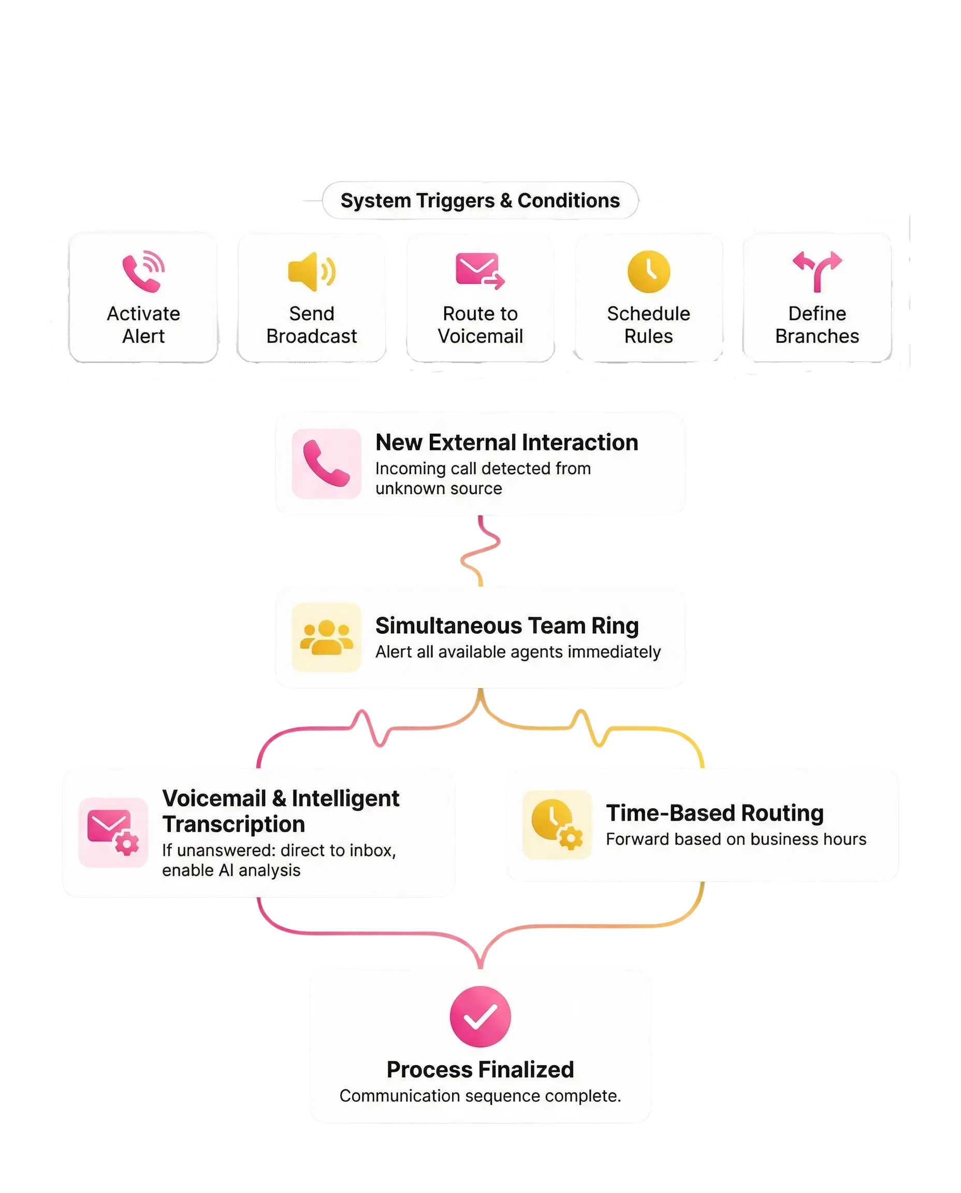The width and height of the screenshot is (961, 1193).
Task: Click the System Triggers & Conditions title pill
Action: click(x=480, y=200)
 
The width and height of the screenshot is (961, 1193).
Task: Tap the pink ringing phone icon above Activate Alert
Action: click(x=143, y=271)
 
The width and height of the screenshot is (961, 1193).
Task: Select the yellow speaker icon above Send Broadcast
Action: click(x=311, y=271)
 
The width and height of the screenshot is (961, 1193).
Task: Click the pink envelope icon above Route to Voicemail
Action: click(x=479, y=271)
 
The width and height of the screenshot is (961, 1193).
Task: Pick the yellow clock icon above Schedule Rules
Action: click(x=648, y=271)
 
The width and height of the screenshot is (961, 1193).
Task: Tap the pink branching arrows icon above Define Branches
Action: click(x=817, y=271)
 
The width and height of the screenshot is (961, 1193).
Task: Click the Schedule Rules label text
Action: click(x=648, y=325)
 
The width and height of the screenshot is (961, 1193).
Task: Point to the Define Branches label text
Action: click(x=817, y=325)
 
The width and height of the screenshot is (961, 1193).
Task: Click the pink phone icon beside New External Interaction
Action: click(x=327, y=463)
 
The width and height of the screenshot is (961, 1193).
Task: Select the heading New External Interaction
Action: click(x=506, y=442)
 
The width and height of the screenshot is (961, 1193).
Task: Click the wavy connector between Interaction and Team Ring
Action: click(x=479, y=551)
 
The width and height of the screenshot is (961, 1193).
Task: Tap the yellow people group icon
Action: click(x=327, y=637)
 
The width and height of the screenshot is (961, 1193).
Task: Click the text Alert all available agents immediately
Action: click(x=518, y=651)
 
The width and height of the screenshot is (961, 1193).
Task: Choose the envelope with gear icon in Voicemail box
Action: click(x=113, y=832)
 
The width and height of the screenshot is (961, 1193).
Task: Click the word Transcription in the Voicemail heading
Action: click(x=234, y=824)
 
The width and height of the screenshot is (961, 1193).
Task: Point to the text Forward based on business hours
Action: click(x=736, y=839)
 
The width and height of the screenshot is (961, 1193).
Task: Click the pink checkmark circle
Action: click(x=480, y=1016)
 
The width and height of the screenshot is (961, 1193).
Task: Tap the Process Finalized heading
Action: click(x=480, y=1070)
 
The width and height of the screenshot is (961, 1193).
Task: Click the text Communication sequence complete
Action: click(x=480, y=1096)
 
